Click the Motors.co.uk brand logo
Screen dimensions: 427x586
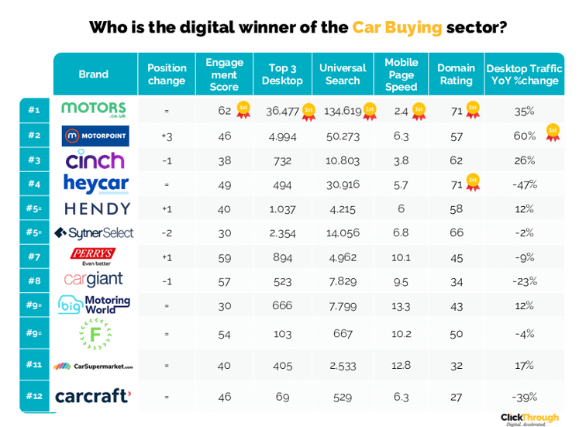point(93,110)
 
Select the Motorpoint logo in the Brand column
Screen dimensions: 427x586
point(93,136)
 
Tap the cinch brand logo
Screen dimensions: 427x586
point(94,160)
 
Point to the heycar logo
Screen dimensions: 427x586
point(93,184)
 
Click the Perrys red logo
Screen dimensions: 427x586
point(93,255)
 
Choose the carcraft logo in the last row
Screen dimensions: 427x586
point(93,396)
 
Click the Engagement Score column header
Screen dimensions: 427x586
point(224,74)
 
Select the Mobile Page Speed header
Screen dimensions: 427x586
point(401,74)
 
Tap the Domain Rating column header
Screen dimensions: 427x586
point(455,74)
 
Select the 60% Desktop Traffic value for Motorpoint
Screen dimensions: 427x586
point(524,136)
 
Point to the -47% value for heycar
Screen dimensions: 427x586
point(524,184)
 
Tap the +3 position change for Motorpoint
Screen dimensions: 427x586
point(167,136)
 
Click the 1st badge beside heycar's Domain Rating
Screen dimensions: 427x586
point(471,183)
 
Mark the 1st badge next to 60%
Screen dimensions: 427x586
point(552,132)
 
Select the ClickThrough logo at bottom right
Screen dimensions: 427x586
point(529,418)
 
